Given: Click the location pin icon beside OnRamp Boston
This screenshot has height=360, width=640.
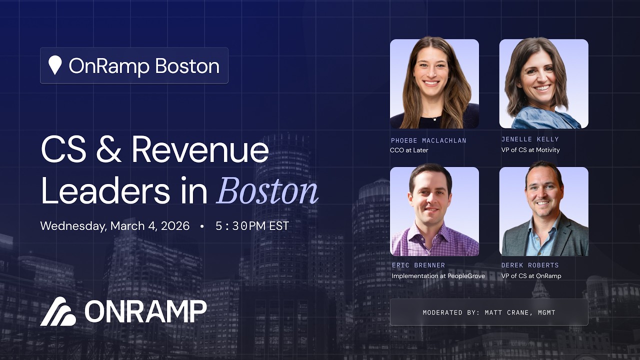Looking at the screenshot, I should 55,65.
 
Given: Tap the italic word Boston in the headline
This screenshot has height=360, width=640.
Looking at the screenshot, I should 267,191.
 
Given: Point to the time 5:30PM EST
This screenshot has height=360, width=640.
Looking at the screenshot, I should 252,226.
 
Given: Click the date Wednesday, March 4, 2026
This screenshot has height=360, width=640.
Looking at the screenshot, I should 115,226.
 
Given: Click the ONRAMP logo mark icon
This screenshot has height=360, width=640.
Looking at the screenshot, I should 58,311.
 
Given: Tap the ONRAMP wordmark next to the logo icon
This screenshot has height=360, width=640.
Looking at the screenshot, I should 145,312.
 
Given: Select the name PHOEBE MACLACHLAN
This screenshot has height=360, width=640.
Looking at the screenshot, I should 428,140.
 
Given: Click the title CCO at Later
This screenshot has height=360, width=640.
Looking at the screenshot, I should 409,150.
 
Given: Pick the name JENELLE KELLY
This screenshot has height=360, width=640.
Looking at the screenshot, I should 530,139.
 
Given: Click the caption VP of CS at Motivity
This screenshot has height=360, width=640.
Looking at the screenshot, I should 530,150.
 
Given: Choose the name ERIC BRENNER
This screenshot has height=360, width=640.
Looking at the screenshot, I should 418,265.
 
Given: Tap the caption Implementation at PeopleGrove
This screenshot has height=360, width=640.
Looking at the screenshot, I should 438,276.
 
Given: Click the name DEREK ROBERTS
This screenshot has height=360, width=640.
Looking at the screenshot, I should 530,265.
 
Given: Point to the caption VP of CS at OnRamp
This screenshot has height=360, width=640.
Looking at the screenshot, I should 531,276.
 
